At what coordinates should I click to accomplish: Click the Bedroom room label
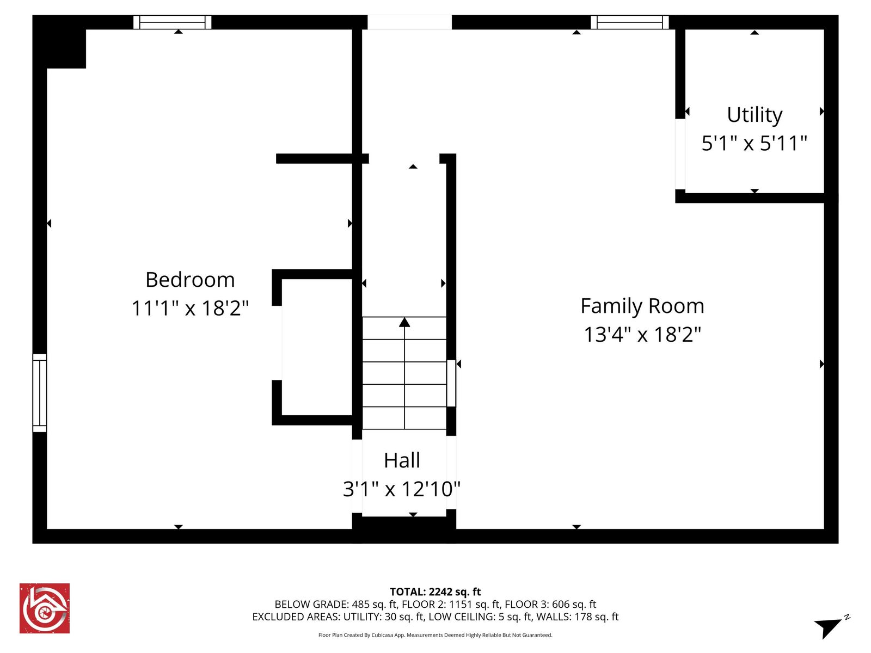coord(190,280)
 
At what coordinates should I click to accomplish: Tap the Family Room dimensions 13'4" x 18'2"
coord(642,334)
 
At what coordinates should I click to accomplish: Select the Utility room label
coord(755,115)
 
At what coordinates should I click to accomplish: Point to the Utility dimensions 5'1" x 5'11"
coord(755,143)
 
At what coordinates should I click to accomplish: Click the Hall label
coord(402,460)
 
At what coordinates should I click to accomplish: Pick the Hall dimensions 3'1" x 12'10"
coord(402,489)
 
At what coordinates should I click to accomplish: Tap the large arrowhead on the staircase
coord(404,322)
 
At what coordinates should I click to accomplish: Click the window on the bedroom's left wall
coord(40,392)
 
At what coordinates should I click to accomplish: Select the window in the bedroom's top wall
coord(173,22)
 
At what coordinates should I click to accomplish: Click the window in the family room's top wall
coord(630,22)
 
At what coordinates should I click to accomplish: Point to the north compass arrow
coord(829,627)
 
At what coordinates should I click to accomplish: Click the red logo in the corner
coord(45,608)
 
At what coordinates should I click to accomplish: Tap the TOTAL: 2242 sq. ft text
coord(435,592)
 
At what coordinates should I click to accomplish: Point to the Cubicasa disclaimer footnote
coord(435,635)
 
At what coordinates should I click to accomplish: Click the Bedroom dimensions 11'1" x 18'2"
coord(190,308)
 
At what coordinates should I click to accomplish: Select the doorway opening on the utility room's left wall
coord(680,153)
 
